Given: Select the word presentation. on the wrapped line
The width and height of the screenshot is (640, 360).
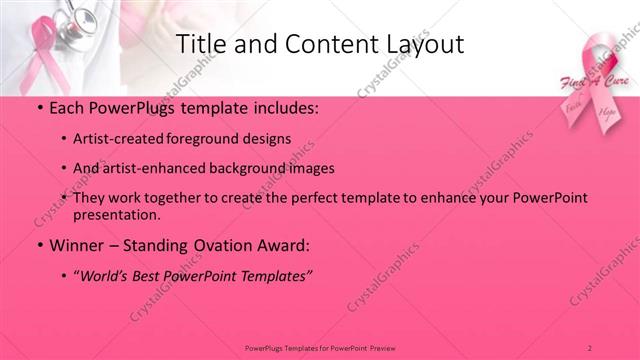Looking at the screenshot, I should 118,214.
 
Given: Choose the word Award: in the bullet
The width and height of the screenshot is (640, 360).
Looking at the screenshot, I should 285,245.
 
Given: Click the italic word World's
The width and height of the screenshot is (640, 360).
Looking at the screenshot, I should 110,275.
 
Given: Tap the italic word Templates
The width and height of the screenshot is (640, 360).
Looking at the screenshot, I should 274,275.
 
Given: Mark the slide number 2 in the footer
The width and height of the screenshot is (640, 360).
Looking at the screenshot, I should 590,346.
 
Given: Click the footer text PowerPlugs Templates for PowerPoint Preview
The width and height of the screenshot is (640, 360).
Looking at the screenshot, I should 319,346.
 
